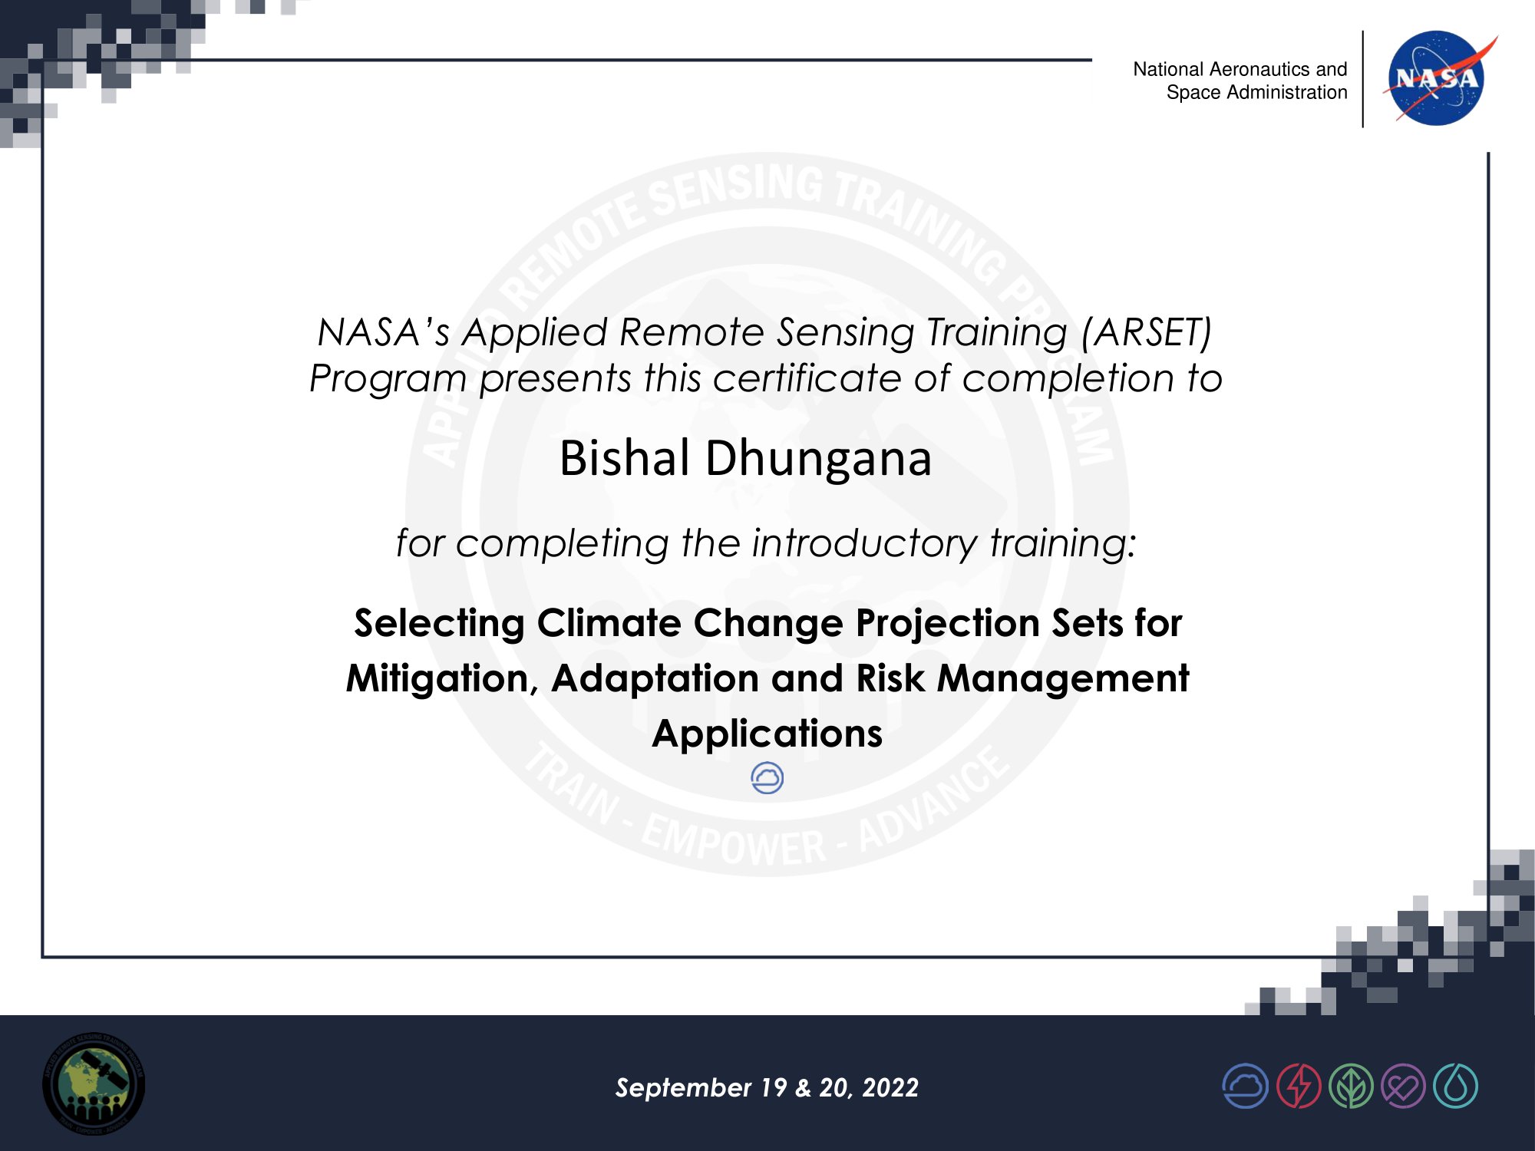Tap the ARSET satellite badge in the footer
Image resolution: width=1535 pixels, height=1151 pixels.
click(94, 1083)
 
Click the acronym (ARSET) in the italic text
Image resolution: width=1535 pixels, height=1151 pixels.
click(1147, 333)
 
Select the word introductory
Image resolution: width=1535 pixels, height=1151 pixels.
click(864, 543)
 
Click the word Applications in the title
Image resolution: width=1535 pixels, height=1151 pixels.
click(767, 734)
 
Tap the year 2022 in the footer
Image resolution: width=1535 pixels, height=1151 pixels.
click(890, 1087)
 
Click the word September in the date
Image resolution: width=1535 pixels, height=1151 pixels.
click(683, 1088)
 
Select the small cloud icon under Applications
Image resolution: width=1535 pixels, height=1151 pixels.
click(767, 778)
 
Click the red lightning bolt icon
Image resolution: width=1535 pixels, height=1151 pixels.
click(1299, 1086)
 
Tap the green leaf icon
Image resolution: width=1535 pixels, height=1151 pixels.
click(1351, 1086)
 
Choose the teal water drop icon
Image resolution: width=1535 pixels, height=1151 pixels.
click(1455, 1086)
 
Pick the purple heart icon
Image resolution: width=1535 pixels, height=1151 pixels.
click(1403, 1086)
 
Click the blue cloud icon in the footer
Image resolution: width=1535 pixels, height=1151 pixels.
click(1245, 1086)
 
